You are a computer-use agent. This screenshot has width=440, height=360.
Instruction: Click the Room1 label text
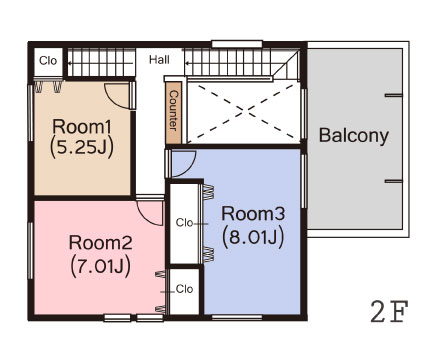82,127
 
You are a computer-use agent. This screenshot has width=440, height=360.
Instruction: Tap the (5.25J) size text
82,147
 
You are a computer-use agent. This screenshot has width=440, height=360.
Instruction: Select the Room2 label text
100,243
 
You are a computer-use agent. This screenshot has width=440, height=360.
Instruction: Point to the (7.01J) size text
100,266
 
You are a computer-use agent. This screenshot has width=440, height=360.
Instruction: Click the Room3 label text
253,213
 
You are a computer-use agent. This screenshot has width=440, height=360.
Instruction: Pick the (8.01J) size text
253,237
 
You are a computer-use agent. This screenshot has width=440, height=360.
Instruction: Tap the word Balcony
354,135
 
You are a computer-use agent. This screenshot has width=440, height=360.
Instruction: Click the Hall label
159,60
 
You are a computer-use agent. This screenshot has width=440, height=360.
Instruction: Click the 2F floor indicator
389,312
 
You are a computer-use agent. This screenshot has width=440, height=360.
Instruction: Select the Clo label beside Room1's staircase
48,61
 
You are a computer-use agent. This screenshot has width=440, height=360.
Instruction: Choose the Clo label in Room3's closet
184,222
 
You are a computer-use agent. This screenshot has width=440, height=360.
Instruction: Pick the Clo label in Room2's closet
184,289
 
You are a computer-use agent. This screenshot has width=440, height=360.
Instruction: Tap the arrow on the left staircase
100,63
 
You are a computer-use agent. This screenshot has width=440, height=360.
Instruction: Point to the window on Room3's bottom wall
237,317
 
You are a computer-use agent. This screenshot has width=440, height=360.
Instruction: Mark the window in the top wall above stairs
237,44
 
